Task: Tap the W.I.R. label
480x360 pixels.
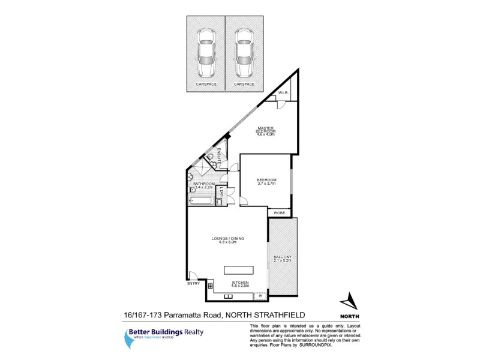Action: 284,93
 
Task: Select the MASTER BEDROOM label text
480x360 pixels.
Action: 266,130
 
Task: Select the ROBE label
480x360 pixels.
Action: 279,212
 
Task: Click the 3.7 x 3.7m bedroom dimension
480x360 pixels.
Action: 266,184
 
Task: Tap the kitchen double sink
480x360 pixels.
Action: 230,296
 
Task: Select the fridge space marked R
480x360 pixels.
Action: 260,296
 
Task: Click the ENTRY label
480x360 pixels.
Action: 193,283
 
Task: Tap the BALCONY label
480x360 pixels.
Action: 282,257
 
